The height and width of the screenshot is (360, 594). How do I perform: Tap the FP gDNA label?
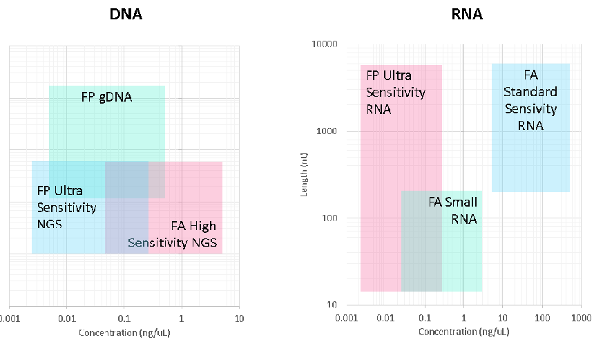tap(106, 97)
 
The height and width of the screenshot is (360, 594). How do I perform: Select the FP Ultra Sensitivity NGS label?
tap(66, 207)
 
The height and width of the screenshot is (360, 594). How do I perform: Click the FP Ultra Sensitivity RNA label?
tap(396, 92)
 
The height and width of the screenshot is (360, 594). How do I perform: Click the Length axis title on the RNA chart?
tap(304, 176)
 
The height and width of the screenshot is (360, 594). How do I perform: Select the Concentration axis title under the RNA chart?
tap(463, 332)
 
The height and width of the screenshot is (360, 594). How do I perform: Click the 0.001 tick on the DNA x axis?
tap(10, 319)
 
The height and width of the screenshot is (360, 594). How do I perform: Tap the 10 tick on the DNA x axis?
tap(238, 319)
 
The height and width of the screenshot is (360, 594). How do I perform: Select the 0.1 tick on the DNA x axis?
tap(124, 319)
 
